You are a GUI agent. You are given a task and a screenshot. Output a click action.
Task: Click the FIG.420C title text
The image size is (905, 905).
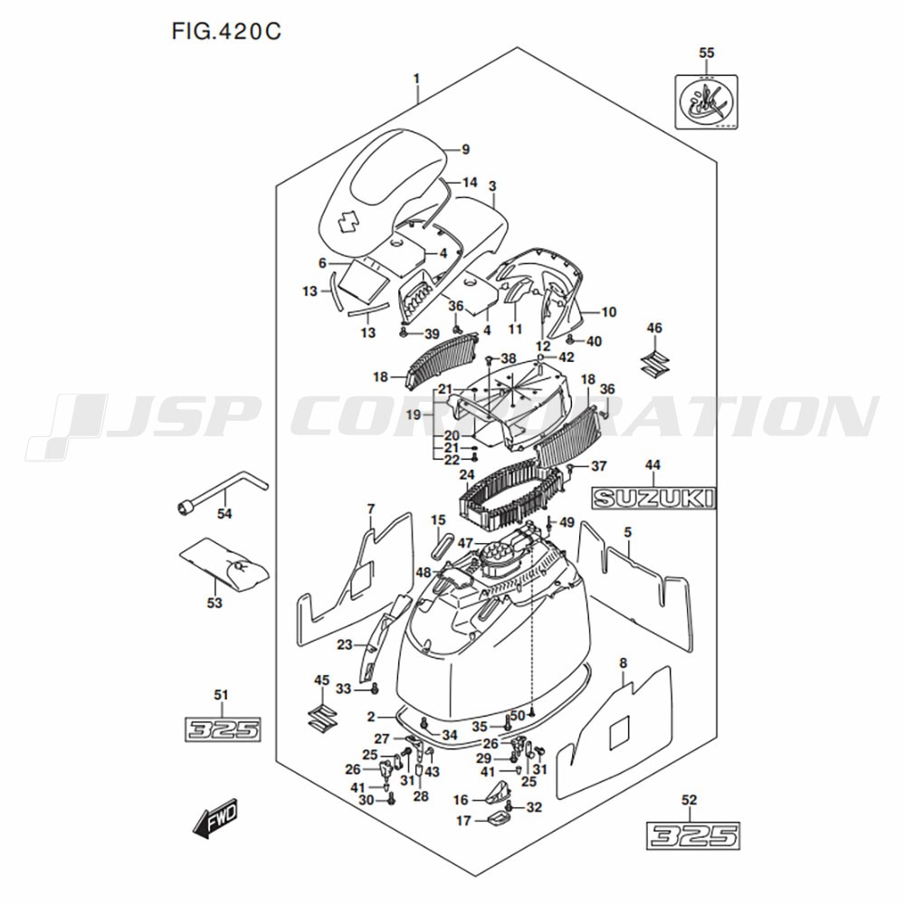225,32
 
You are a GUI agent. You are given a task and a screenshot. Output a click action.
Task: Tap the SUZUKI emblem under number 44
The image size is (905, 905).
653,497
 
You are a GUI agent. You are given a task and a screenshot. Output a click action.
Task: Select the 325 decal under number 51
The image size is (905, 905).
222,729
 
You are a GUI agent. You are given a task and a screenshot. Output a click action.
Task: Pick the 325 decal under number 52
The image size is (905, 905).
693,834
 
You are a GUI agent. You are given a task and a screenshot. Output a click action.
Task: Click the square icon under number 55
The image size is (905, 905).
707,100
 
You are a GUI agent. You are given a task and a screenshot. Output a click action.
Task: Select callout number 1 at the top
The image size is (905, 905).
416,78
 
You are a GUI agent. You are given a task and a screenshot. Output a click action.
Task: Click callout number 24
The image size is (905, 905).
467,474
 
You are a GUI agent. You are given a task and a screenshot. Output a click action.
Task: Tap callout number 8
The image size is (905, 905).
623,664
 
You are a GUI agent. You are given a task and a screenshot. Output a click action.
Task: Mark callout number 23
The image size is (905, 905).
344,645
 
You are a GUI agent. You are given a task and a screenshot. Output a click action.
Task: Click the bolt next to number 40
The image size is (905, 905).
572,340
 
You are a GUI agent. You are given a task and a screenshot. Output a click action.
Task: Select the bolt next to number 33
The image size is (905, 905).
373,690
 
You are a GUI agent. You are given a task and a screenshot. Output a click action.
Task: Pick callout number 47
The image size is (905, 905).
465,543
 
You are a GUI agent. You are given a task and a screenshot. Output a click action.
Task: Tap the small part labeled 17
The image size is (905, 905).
497,821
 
